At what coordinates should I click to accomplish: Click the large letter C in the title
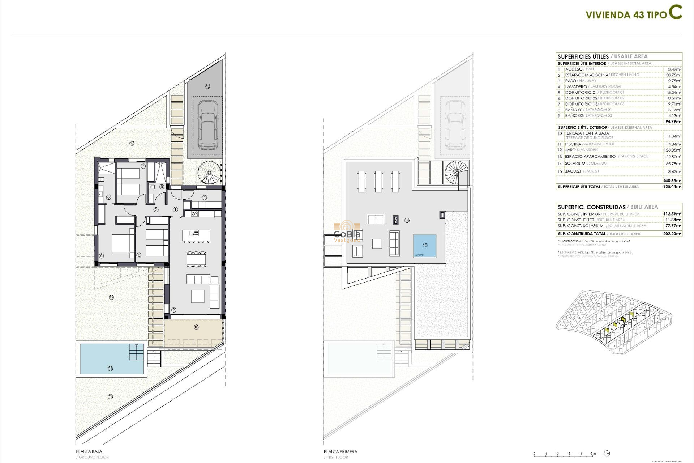point(675,12)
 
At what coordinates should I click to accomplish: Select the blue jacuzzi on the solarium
point(425,246)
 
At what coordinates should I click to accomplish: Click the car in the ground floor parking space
point(208,125)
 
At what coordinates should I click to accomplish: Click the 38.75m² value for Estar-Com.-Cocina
point(673,75)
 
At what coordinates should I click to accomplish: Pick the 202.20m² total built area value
point(672,234)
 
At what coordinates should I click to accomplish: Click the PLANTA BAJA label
point(89,451)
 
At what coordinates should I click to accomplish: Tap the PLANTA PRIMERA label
point(340,451)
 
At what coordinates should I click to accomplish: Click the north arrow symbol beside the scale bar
point(607,454)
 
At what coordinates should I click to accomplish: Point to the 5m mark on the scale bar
point(593,454)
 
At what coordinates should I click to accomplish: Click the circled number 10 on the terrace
point(196,327)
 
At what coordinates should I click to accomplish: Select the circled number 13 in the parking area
point(208,86)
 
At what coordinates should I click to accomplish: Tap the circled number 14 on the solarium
point(407,220)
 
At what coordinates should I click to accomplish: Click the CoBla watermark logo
point(347,233)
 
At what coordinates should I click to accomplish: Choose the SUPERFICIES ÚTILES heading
point(583,56)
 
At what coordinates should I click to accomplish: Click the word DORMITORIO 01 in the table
point(581,92)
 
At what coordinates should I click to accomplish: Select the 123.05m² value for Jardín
point(673,150)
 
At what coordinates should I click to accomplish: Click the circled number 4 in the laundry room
point(204,197)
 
